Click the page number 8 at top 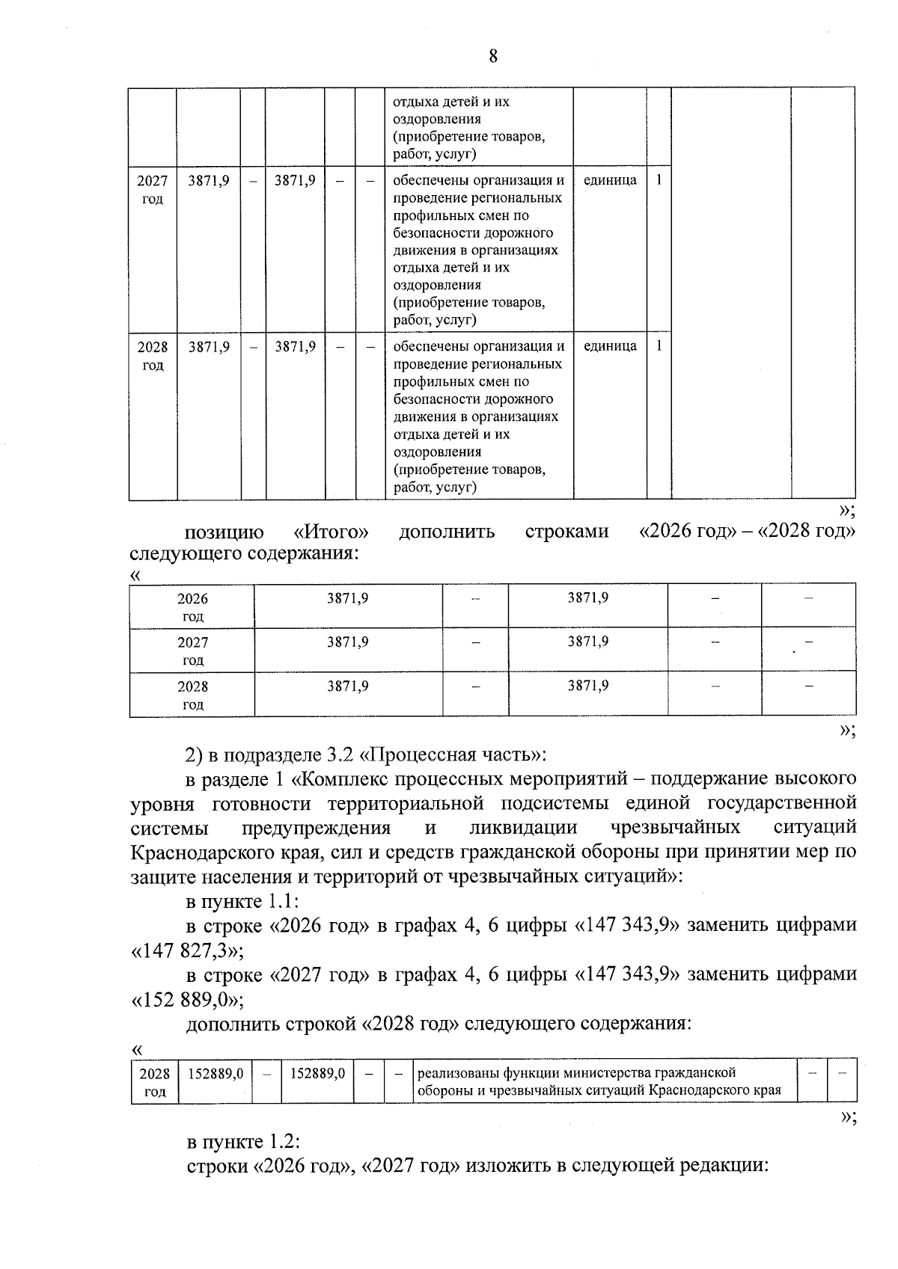(x=492, y=56)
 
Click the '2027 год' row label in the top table (x=153, y=189)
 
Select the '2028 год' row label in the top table (x=153, y=356)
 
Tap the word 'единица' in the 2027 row (x=610, y=180)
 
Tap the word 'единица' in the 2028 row (x=610, y=346)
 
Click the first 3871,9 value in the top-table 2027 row (x=209, y=180)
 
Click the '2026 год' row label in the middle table (x=192, y=607)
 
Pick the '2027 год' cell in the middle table (x=192, y=651)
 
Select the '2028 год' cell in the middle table (x=192, y=695)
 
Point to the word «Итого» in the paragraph (x=331, y=532)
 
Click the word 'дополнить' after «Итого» (x=447, y=532)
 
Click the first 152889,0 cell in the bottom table (x=216, y=1074)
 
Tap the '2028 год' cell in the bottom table (x=154, y=1082)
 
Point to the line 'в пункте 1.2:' (x=243, y=1143)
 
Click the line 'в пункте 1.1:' (x=242, y=901)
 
